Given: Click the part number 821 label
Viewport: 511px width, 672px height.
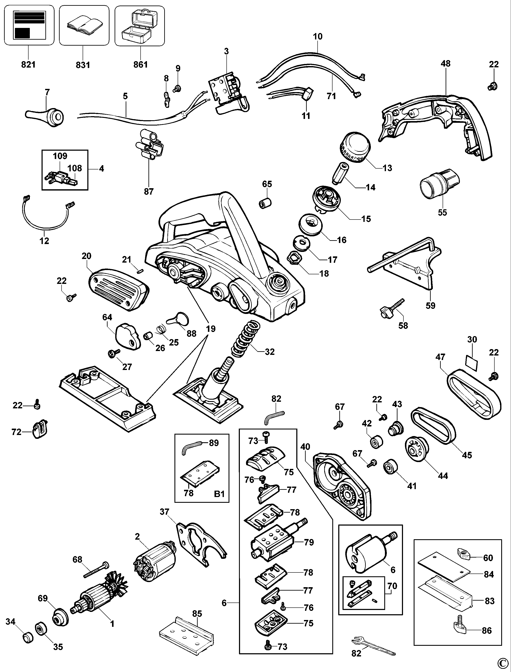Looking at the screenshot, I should (28, 65).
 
